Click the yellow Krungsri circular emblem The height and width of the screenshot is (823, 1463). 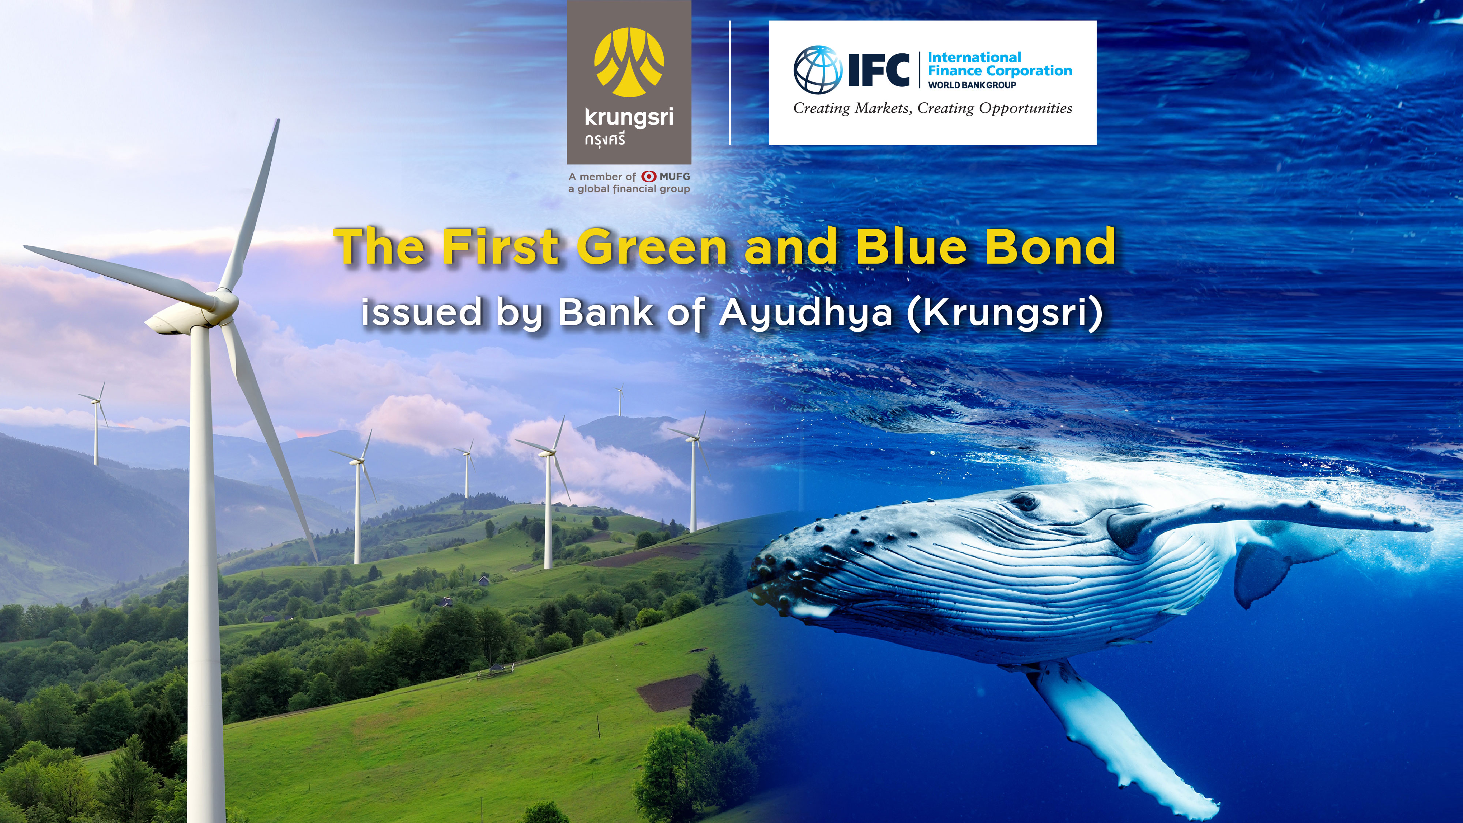[629, 62]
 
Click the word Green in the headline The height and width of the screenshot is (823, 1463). [652, 247]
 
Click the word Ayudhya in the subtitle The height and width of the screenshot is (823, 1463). [806, 314]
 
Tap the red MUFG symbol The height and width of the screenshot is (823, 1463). [649, 177]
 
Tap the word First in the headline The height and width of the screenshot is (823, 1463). [500, 247]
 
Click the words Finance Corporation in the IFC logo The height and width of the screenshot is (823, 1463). [1000, 71]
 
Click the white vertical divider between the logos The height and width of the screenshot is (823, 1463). [730, 82]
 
